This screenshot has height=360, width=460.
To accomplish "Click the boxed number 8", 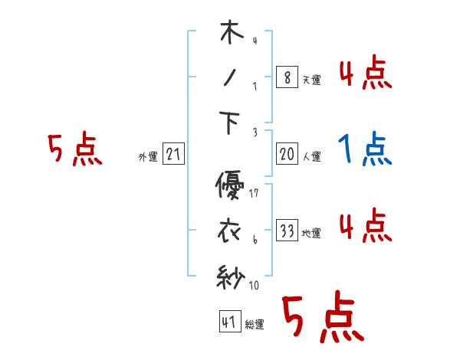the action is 287,77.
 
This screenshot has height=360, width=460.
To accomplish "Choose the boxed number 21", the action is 173,155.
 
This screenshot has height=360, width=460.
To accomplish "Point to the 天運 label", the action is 311,80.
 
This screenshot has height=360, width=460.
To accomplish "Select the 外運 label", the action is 147,157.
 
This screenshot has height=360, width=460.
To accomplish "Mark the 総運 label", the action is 255,325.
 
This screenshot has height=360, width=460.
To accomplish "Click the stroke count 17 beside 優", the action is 253,193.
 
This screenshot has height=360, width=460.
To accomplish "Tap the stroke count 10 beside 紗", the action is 255,286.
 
